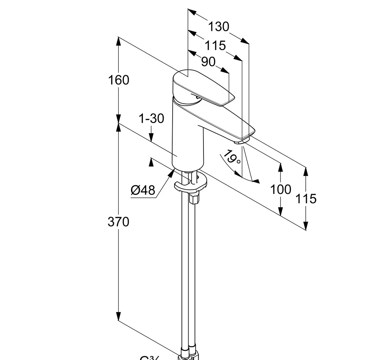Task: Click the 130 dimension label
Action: (218, 27)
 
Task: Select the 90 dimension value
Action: (208, 62)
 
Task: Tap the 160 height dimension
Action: (119, 80)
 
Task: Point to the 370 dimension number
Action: (119, 222)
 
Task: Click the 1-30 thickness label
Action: (151, 119)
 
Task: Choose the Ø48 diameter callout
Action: (143, 190)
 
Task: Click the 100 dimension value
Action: (280, 189)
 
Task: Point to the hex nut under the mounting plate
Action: (194, 199)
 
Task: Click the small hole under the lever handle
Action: (197, 98)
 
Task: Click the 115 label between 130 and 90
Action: (215, 45)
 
